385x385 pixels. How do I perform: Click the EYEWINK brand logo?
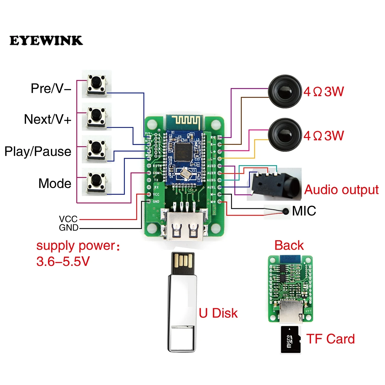pos(46,41)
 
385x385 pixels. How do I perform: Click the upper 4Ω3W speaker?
pos(285,91)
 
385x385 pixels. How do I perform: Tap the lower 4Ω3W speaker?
pos(285,135)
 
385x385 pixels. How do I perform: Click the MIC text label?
pos(304,211)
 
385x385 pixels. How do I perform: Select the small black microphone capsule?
pos(285,211)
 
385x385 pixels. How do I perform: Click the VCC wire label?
pos(68,219)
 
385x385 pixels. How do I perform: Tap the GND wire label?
pos(68,228)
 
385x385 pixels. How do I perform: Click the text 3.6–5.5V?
pos(63,262)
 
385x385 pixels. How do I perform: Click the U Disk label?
pos(218,313)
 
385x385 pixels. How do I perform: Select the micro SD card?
pos(290,340)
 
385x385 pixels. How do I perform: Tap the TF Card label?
pos(330,339)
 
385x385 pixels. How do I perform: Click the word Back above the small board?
pos(289,246)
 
